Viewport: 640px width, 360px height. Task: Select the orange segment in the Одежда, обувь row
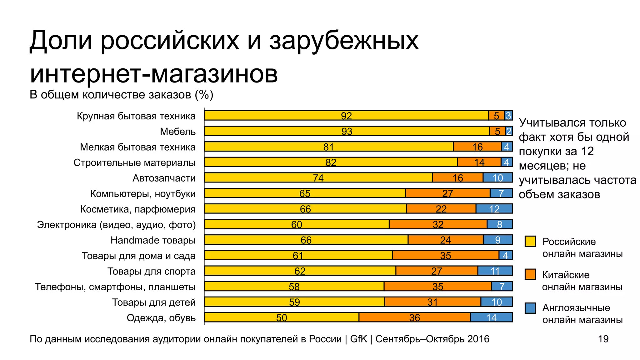tap(414, 317)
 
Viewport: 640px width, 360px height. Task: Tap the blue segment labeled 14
tap(491, 317)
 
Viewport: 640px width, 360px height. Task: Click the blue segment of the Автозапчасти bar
tap(497, 177)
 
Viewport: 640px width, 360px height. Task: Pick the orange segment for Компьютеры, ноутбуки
tap(447, 193)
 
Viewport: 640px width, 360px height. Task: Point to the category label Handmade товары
tap(153, 240)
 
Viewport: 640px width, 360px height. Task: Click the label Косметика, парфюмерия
tap(137, 209)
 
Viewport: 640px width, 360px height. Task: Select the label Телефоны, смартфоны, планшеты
tap(115, 287)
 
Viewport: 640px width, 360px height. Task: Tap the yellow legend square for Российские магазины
tap(530, 241)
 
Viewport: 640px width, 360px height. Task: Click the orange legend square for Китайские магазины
tap(530, 274)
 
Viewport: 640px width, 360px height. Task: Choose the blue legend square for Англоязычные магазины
tap(530, 308)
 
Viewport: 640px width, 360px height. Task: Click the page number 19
tap(603, 339)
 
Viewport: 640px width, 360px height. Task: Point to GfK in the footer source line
tap(358, 339)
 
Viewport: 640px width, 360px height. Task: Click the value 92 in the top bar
tap(346, 116)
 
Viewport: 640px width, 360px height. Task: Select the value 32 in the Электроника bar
tap(438, 224)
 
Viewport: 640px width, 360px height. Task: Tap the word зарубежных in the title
tap(344, 41)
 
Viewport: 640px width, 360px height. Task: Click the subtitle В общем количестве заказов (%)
tap(121, 94)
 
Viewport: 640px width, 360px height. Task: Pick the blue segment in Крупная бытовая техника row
tap(508, 116)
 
